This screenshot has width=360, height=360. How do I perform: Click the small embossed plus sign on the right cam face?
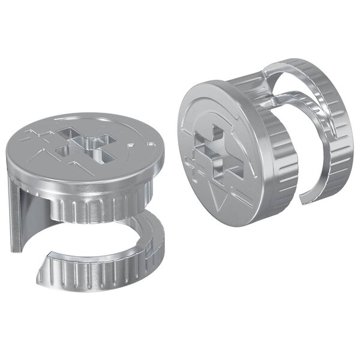tap(191, 165)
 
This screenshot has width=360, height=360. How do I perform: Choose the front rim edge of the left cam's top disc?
tap(84, 180)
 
